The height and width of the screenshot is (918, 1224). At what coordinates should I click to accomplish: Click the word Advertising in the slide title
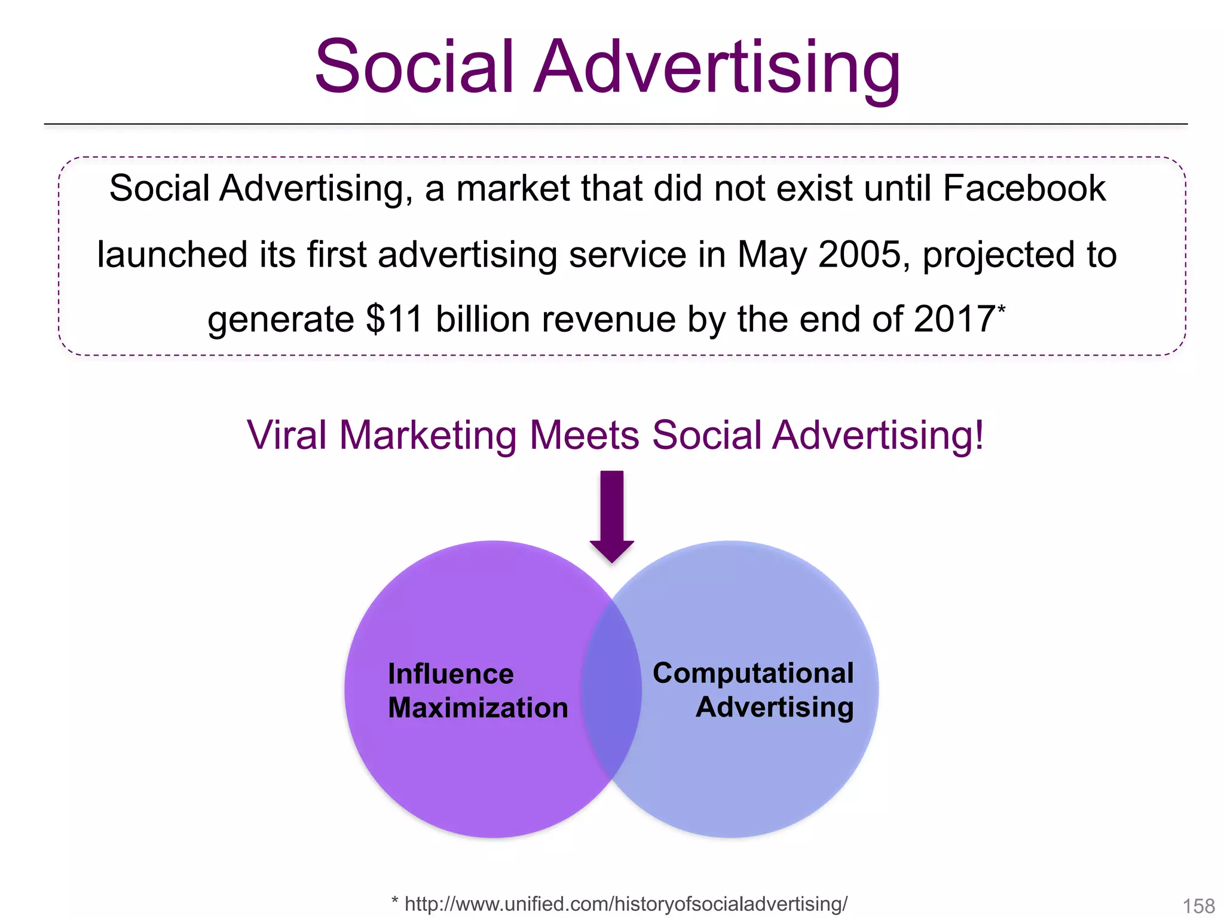(x=717, y=67)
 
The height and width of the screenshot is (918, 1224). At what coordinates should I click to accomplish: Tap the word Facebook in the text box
(x=1024, y=188)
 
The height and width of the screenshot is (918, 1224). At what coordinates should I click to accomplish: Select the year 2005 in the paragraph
(x=859, y=255)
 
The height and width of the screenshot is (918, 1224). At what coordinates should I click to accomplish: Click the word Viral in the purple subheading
(x=287, y=435)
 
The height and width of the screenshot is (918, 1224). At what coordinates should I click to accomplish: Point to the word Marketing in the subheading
(x=428, y=436)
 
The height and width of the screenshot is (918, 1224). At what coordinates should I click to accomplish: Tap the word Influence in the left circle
(x=451, y=674)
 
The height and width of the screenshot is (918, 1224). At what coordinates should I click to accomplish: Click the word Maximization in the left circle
(x=478, y=708)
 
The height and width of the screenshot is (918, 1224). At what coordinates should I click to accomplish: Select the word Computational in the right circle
(x=753, y=673)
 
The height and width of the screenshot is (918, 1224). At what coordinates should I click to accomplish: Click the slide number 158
(x=1198, y=906)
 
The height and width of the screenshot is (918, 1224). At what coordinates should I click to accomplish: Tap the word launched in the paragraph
(x=172, y=255)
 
